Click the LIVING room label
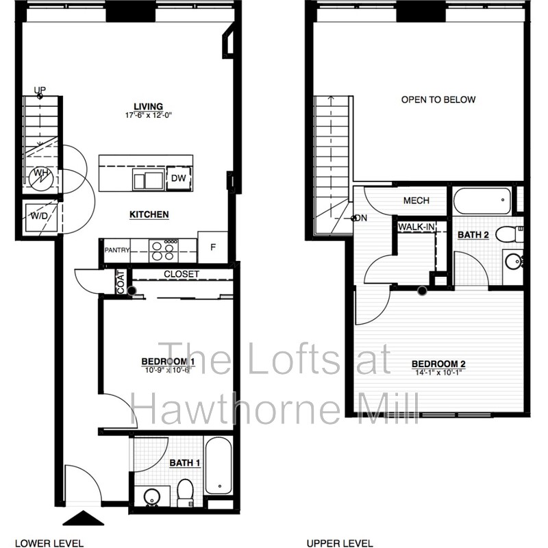pos(148,106)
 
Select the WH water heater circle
pos(40,173)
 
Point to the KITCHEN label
pos(149,214)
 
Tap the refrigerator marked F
pos(212,247)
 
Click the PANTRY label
pos(117,251)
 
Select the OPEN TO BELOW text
pos(438,100)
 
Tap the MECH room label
pos(416,201)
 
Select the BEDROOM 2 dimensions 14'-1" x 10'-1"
pos(438,373)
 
